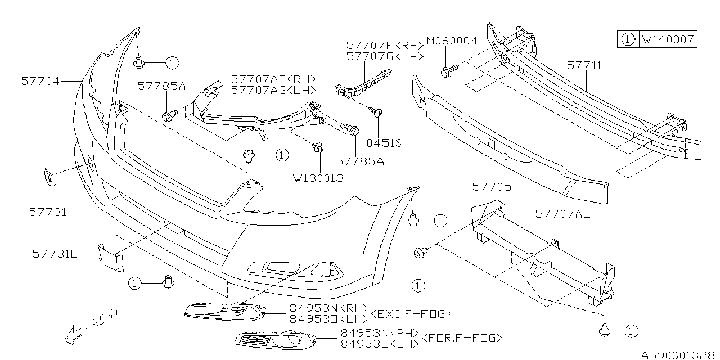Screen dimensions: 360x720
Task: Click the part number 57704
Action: coord(40,81)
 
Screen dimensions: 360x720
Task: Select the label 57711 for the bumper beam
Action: coord(584,66)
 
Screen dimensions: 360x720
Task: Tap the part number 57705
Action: coord(492,186)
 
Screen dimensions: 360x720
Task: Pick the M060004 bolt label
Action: coord(452,41)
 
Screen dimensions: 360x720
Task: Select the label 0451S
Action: coord(384,143)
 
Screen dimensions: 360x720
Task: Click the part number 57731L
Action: coord(55,254)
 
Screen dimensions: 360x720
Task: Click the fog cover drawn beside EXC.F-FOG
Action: coord(221,310)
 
